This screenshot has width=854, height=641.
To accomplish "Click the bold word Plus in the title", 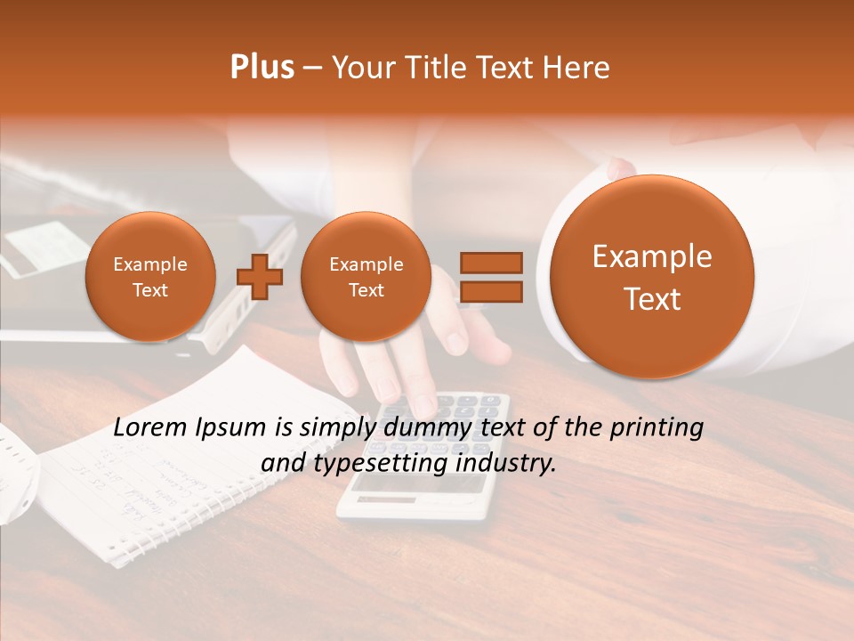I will click(x=262, y=68).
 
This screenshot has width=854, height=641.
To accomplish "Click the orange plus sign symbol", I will click(x=259, y=277).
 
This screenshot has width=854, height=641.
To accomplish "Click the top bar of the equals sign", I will click(x=490, y=263).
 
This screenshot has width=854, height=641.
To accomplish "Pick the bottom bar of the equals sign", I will click(x=490, y=293).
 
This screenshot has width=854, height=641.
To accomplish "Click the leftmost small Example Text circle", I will click(x=150, y=277).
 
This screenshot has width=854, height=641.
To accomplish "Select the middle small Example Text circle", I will click(x=366, y=277).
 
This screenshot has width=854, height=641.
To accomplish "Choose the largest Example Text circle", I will click(x=652, y=277).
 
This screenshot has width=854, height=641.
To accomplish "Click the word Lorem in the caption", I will click(x=152, y=427).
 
